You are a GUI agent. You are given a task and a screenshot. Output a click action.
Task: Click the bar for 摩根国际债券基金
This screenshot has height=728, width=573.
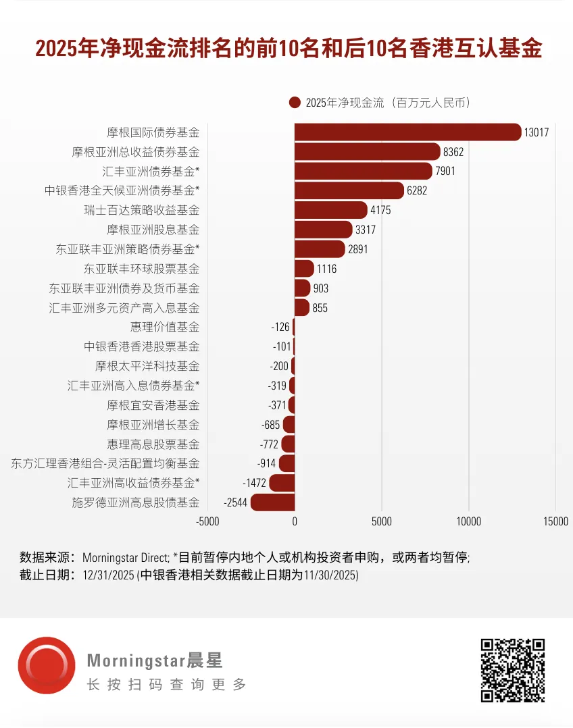pos(407,132)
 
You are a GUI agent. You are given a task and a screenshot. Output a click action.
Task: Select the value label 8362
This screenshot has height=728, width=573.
pos(453,152)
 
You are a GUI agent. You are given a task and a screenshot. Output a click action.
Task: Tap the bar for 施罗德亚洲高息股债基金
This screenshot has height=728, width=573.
pos(272,502)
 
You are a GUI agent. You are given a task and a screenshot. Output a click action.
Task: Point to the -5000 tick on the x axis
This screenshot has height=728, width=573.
pos(207,521)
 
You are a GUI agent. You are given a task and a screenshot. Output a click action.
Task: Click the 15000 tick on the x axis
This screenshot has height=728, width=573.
pos(556,521)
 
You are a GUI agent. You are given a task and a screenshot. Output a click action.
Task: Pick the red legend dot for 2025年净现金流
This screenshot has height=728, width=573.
pos(294,103)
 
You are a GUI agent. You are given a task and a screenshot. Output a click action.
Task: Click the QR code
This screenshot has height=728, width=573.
pos(512,670)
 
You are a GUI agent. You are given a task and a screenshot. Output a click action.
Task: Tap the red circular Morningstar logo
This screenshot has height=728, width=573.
pos(46,665)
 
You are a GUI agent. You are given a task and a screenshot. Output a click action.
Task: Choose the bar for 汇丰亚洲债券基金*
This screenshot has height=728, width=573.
pos(363,172)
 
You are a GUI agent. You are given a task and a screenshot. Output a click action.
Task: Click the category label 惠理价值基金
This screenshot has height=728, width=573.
pos(165,327)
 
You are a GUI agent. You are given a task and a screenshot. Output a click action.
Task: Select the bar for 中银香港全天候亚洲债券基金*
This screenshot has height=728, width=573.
pos(349,191)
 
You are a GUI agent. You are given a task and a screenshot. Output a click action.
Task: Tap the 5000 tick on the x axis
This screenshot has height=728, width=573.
pos(382,521)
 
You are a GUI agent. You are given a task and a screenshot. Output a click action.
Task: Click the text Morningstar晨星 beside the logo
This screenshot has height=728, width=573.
pos(155,660)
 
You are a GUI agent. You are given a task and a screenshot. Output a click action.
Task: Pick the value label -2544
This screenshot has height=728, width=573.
pos(235,502)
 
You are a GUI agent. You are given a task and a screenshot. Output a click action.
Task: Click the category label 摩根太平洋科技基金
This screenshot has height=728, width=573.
pos(147,366)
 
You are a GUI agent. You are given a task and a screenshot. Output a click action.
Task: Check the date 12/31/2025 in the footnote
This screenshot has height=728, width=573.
pos(108,575)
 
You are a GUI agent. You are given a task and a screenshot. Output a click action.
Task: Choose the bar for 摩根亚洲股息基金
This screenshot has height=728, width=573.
pos(323,230)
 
